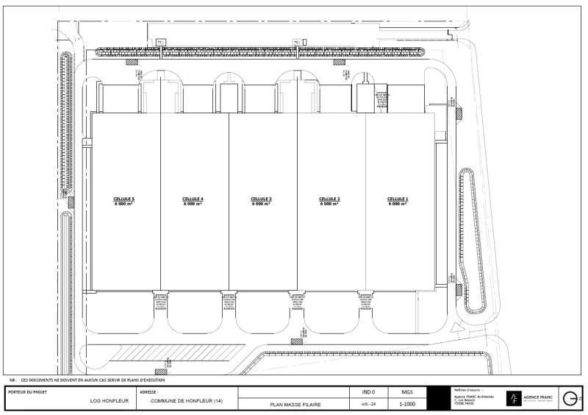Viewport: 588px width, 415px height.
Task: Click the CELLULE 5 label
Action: click(123, 199)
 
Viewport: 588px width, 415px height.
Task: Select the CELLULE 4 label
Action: click(193, 199)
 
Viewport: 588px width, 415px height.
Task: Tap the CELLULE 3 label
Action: click(261, 199)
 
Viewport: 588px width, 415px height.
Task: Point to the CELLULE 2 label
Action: click(329, 199)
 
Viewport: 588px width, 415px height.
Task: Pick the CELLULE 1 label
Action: click(398, 199)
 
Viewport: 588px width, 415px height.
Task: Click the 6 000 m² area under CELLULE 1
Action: click(398, 204)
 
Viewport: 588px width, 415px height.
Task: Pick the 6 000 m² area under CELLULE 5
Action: click(123, 204)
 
